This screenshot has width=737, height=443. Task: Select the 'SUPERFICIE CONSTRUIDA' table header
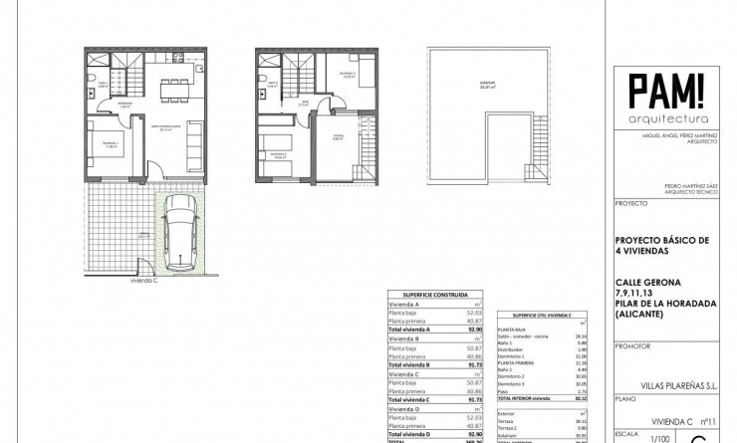[x=435, y=295]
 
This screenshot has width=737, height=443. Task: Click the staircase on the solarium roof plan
[x=539, y=149]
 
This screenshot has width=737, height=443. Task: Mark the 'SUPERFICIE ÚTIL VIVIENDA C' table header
[x=542, y=314]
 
